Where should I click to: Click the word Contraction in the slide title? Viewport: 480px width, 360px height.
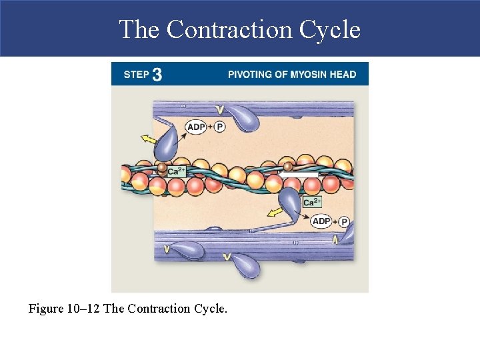(229, 29)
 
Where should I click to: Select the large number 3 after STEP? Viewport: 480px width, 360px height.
(157, 74)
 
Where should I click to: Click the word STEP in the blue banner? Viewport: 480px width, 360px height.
(136, 75)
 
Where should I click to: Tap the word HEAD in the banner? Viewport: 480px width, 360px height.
(343, 74)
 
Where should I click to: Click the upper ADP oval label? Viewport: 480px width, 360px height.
(196, 127)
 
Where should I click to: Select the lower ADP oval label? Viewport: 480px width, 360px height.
(321, 221)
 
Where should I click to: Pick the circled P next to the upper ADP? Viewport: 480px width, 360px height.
(220, 127)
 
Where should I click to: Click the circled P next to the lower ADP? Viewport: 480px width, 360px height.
(344, 222)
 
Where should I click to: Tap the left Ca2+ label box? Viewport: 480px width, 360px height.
(177, 171)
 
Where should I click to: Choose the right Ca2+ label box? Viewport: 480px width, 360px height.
(312, 201)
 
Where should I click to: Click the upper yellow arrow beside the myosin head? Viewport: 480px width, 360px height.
(149, 139)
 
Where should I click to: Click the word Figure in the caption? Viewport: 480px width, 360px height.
(46, 309)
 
